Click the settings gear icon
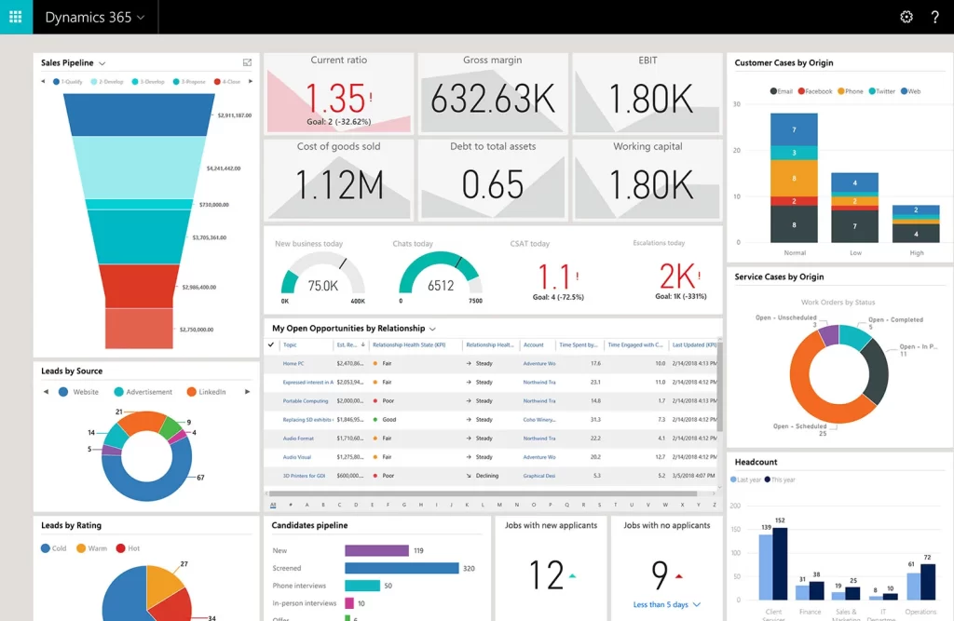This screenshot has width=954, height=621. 906,17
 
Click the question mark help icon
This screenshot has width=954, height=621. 935,17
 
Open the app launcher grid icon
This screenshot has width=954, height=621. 16,17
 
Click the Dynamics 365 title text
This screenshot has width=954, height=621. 88,17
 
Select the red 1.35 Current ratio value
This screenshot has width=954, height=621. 335,99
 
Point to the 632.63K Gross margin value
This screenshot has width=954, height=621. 493,98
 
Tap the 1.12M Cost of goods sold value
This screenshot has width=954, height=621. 339,184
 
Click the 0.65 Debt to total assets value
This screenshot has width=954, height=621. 493,184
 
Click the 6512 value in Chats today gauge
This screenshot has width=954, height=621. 441,286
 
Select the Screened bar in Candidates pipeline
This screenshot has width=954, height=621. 402,568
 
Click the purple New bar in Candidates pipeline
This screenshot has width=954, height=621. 376,550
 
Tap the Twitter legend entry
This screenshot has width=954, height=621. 881,91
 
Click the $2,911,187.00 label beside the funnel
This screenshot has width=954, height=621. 234,115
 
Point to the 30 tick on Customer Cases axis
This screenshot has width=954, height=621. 736,103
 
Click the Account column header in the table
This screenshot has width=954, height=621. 533,344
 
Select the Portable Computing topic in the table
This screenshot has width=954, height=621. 306,400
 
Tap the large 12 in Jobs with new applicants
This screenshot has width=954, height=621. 547,574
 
